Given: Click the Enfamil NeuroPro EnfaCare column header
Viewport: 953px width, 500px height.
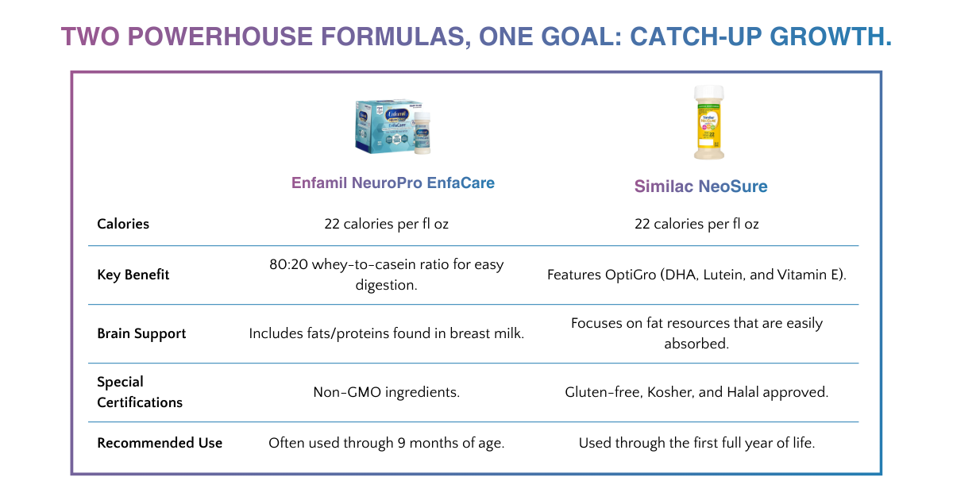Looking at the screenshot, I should click(392, 183).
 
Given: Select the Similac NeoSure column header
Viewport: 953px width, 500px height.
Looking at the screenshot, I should click(700, 187).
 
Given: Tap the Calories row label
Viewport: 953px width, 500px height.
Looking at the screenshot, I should click(123, 224).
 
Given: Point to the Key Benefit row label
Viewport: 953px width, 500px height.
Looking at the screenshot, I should click(133, 275).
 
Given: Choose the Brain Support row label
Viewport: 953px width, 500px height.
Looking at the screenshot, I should click(141, 333).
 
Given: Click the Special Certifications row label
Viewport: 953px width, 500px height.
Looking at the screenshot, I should click(140, 392).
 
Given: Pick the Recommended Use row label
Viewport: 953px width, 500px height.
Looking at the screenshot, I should click(160, 443).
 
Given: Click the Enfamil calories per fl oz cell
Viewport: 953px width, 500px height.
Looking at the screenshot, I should click(386, 224).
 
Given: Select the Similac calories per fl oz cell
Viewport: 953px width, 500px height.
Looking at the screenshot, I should click(696, 224).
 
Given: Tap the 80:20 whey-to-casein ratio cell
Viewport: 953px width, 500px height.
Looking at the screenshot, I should click(386, 275).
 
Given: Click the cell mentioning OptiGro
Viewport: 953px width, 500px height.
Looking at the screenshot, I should click(696, 275).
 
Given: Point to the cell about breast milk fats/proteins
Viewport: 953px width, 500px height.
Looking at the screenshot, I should click(386, 333).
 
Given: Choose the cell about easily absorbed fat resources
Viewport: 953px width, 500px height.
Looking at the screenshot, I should click(696, 333).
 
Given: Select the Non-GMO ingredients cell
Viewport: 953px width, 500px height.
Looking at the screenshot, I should click(386, 392).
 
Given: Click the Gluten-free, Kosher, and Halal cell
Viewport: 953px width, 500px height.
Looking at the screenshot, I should click(696, 392).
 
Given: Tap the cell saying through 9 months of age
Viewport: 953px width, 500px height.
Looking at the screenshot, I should click(386, 443).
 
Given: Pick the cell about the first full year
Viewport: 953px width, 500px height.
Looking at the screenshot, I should click(696, 443).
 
